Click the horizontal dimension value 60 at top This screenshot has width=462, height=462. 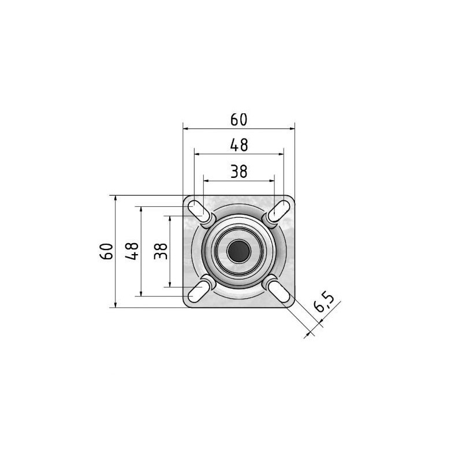click(239, 120)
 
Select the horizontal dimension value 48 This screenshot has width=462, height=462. click(239, 145)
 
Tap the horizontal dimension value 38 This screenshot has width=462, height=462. click(239, 172)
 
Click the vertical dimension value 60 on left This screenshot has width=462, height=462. click(106, 251)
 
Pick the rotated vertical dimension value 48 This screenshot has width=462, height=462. click(132, 251)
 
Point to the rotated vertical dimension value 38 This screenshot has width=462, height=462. click(161, 251)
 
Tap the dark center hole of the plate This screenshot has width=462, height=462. click(239, 251)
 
